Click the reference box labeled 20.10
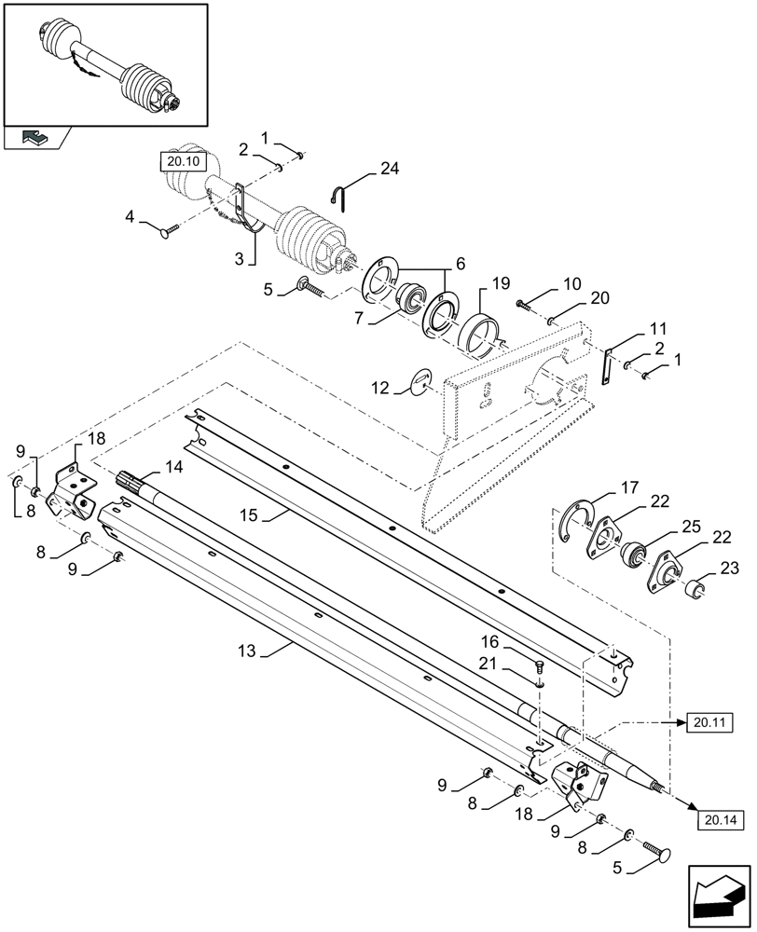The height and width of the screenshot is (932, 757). click(178, 161)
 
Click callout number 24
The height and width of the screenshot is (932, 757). click(389, 170)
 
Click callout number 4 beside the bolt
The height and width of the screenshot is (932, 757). click(131, 217)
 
